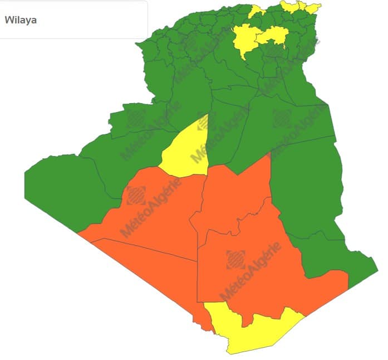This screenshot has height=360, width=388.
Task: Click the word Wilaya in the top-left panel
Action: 21,20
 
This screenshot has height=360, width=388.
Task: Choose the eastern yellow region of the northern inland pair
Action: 274,36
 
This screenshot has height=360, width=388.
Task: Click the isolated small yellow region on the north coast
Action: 257,11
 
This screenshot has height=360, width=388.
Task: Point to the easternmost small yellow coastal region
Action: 310,7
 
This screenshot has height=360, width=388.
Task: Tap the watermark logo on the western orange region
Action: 136,196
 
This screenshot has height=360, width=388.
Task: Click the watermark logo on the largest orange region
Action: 235,260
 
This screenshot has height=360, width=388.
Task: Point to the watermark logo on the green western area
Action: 134,118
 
